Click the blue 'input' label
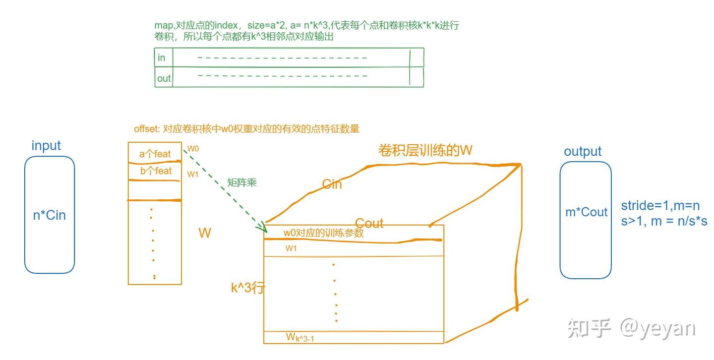[x=46, y=146]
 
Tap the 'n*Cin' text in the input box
[x=49, y=215]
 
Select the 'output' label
[x=583, y=151]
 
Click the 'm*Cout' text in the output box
[x=587, y=212]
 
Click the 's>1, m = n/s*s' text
[x=664, y=221]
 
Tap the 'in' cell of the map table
[x=161, y=58]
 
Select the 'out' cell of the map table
[x=164, y=78]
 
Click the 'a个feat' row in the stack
[x=155, y=154]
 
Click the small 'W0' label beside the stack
[x=193, y=148]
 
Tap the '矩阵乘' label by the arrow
[x=241, y=182]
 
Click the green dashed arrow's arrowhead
[x=262, y=229]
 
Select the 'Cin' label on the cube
[x=332, y=184]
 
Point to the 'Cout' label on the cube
[x=369, y=223]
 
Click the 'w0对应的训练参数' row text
[x=324, y=233]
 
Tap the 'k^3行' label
[x=247, y=288]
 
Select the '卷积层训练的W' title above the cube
[x=425, y=151]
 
